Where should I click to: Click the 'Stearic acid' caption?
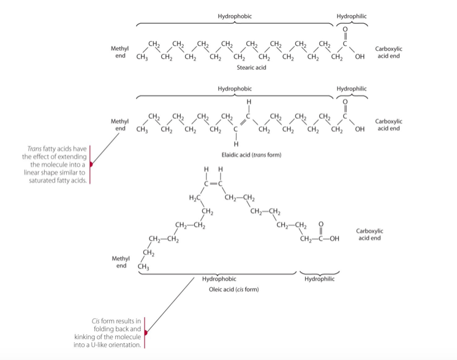[251, 68]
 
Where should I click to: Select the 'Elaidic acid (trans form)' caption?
[251, 155]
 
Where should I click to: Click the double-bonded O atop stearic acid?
[345, 29]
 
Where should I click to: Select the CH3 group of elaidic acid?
[142, 130]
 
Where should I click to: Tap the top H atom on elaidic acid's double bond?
[249, 102]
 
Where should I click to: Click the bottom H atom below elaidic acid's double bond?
[236, 144]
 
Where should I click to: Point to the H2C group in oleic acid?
[195, 197]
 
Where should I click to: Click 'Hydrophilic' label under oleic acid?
[319, 279]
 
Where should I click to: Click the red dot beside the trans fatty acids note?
[92, 164]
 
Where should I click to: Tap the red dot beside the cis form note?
[146, 334]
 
